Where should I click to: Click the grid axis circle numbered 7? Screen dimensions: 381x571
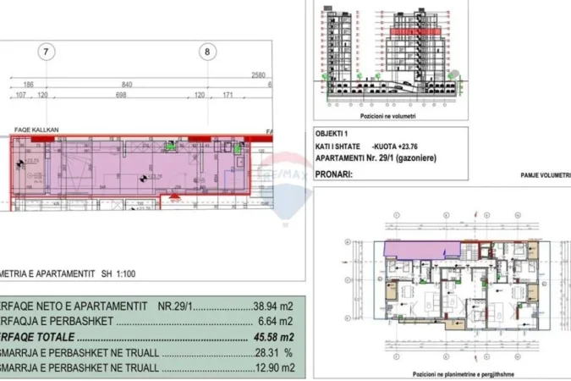pyautogui.click(x=47, y=52)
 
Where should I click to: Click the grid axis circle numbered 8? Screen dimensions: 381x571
pyautogui.click(x=208, y=52)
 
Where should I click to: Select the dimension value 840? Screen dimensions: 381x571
pyautogui.click(x=127, y=86)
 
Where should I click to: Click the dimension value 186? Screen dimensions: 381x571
pyautogui.click(x=29, y=86)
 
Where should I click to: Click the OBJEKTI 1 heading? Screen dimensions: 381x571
pyautogui.click(x=330, y=134)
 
